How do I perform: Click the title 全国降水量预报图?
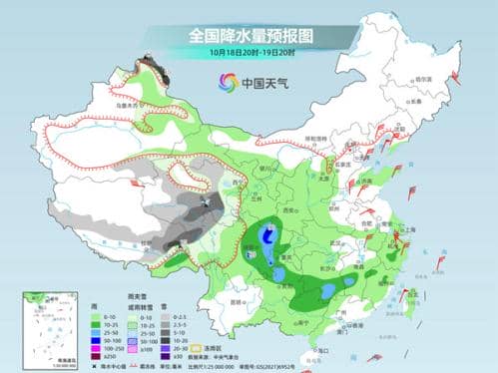pyautogui.click(x=249, y=35)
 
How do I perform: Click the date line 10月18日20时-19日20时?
pyautogui.click(x=249, y=52)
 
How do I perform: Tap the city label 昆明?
pyautogui.click(x=237, y=301)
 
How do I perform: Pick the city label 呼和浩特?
pyautogui.click(x=316, y=138)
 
